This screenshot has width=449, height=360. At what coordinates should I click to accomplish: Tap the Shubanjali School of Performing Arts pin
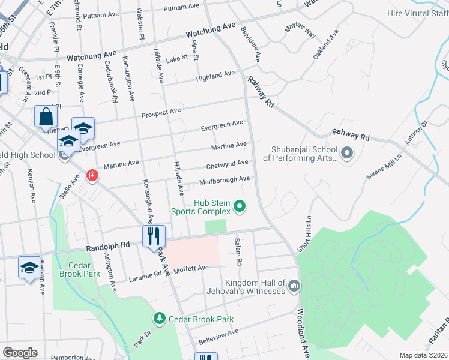pos(346,154)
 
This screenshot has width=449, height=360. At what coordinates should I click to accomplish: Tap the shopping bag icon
pos(46,116)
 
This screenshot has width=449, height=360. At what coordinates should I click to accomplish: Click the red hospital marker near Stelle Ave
pos(92,176)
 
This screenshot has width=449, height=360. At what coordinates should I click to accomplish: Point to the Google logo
pos(20,352)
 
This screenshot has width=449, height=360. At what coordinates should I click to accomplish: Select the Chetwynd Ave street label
pos(227,164)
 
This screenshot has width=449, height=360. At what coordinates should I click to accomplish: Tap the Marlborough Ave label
pos(224,179)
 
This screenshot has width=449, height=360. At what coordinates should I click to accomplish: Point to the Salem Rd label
pos(238,251)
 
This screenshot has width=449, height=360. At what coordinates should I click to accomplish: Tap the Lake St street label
pos(177,58)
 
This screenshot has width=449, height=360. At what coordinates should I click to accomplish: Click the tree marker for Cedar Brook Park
pos(160,317)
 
